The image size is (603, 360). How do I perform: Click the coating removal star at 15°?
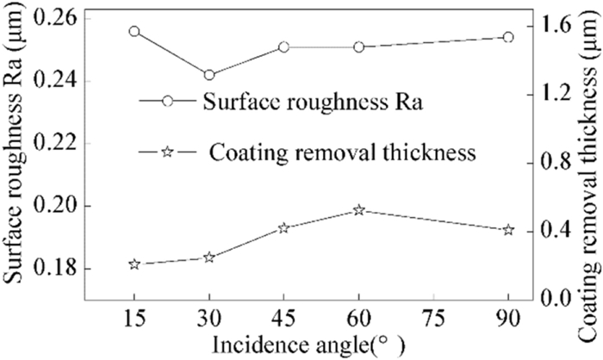click(x=134, y=264)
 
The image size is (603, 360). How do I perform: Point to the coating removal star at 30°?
click(x=208, y=258)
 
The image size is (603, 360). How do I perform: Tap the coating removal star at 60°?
click(x=358, y=210)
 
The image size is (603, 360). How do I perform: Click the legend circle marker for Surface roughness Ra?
click(x=168, y=101)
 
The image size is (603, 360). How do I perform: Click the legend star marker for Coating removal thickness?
click(x=168, y=152)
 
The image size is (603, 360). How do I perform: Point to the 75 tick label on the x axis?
click(x=433, y=318)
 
